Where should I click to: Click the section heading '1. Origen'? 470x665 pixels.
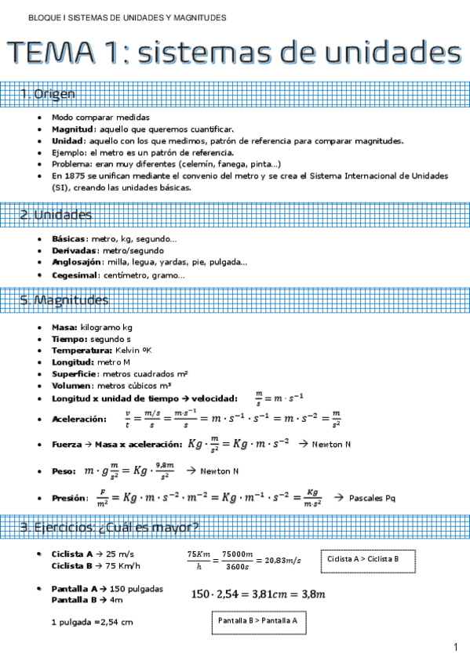pyautogui.click(x=48, y=94)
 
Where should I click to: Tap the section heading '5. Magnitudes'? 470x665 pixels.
pyautogui.click(x=64, y=300)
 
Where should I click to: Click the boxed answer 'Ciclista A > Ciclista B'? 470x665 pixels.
pyautogui.click(x=363, y=559)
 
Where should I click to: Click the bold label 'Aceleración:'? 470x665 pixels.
pyautogui.click(x=79, y=420)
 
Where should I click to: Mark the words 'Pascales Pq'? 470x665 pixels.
pyautogui.click(x=372, y=498)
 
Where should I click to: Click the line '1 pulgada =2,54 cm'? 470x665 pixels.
pyautogui.click(x=87, y=622)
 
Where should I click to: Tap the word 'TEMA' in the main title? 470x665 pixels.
pyautogui.click(x=55, y=53)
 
